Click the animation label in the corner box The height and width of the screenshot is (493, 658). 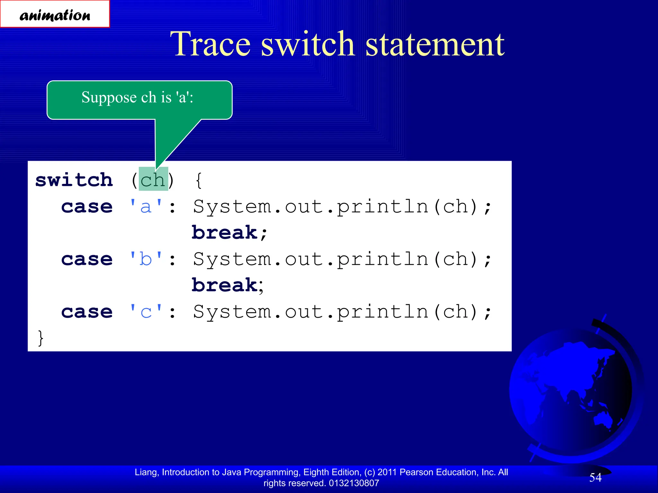[x=55, y=15]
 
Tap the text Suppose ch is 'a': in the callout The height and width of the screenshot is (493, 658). [x=137, y=97]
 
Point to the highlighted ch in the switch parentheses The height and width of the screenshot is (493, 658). [x=153, y=180]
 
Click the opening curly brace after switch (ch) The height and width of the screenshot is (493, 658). [x=199, y=180]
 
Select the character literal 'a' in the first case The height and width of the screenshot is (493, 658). [x=146, y=206]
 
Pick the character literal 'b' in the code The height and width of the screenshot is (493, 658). [x=146, y=259]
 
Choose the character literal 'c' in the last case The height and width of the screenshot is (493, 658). [x=146, y=312]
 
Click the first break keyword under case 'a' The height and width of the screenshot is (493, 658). [x=225, y=232]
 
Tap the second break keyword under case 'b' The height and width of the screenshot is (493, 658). [x=225, y=285]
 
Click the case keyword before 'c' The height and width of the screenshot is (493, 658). [x=87, y=312]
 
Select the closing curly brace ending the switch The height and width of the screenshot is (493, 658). [x=40, y=338]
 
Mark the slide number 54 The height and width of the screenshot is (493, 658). [x=595, y=477]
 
